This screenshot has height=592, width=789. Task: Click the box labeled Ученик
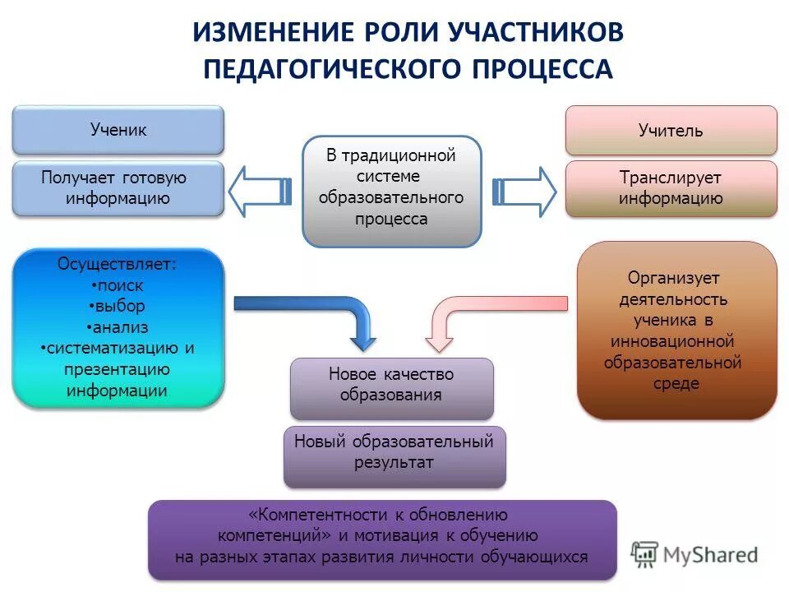[x=118, y=130]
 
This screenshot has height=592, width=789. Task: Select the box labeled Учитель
[x=671, y=131]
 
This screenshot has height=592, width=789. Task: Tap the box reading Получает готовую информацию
[x=118, y=188]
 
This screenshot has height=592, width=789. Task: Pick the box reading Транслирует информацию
[x=671, y=188]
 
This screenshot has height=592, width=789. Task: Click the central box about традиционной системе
[x=392, y=192]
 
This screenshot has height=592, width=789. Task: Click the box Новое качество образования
[x=391, y=385]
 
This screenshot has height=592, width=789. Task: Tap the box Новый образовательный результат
[x=394, y=452]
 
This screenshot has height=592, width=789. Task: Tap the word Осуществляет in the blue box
[x=115, y=264]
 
